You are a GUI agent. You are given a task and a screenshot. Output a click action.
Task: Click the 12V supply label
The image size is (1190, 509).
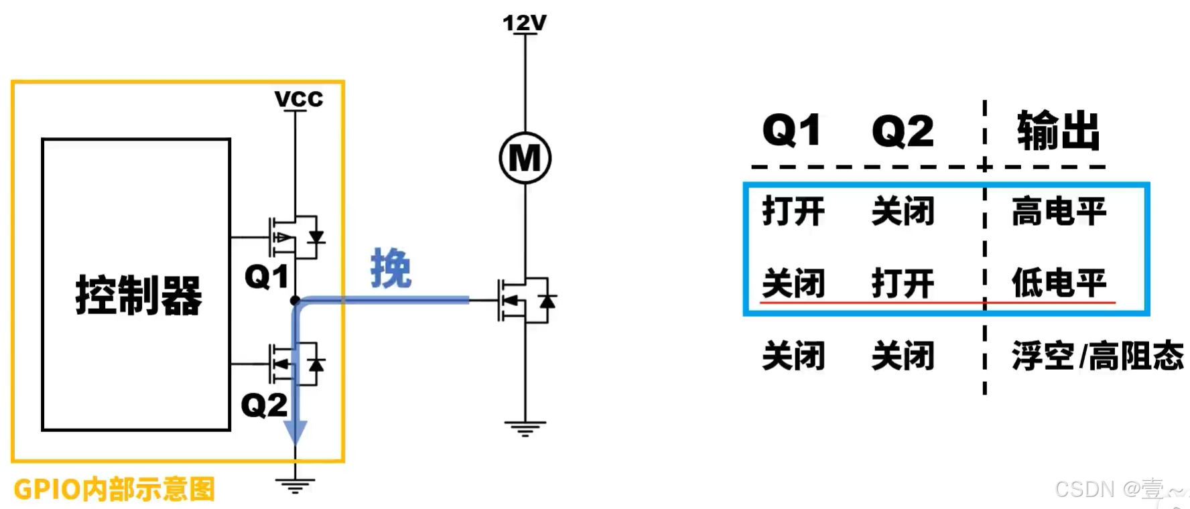click(x=524, y=23)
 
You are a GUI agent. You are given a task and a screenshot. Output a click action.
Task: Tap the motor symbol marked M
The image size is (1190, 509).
click(x=525, y=158)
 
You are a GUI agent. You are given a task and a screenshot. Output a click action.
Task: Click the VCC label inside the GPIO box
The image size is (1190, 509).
click(x=298, y=99)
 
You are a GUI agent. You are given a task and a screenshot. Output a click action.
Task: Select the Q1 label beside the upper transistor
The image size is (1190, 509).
click(x=266, y=277)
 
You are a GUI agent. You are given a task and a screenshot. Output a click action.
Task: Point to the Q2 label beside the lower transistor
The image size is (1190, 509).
click(x=264, y=405)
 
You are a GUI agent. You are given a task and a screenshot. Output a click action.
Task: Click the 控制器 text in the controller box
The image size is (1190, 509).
click(x=138, y=295)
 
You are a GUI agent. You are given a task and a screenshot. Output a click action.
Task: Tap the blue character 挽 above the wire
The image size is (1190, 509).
click(x=391, y=268)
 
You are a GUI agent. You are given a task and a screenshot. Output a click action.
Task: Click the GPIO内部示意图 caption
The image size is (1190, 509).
click(x=115, y=489)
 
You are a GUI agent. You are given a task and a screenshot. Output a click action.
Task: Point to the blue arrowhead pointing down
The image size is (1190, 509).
click(x=295, y=432)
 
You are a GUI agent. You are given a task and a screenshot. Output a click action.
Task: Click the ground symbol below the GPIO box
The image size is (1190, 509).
click(x=295, y=485)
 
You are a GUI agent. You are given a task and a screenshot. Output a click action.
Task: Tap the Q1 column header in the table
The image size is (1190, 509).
click(x=792, y=130)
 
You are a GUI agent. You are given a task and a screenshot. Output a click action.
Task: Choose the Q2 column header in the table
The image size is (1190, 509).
click(x=903, y=131)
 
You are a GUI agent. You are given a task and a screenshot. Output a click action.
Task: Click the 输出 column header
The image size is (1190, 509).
click(x=1058, y=131)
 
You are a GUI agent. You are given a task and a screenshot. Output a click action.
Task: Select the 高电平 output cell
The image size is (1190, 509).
click(x=1059, y=212)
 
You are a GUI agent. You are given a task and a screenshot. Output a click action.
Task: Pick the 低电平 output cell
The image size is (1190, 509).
click(x=1059, y=283)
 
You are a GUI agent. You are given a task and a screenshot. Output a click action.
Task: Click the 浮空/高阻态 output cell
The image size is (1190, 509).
click(x=1098, y=356)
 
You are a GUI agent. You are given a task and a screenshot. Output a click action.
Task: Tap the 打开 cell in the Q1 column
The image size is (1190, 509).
click(x=793, y=212)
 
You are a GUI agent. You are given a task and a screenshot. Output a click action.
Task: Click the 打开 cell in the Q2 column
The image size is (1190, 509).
click(x=903, y=283)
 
